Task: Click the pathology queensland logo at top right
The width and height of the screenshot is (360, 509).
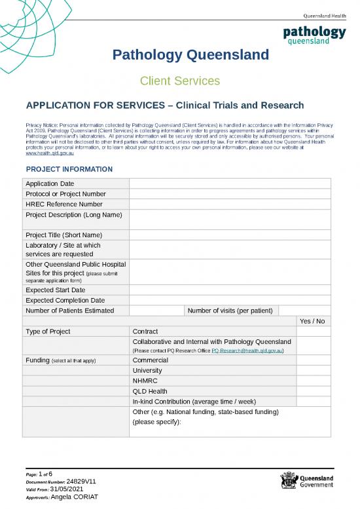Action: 314,35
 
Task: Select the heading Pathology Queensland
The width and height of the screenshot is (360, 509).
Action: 191,54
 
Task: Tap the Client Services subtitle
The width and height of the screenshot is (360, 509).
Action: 180,81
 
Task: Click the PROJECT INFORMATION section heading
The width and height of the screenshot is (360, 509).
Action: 69,170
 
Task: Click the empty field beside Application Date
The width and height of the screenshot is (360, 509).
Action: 230,183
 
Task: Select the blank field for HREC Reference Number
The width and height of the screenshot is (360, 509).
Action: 230,204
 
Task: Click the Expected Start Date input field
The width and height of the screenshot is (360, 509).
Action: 230,290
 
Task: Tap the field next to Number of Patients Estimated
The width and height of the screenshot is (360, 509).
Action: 156,311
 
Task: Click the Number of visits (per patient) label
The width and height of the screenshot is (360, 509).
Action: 232,311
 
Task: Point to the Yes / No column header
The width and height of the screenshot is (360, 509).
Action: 312,321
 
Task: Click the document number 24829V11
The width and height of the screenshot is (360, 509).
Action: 82,481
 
